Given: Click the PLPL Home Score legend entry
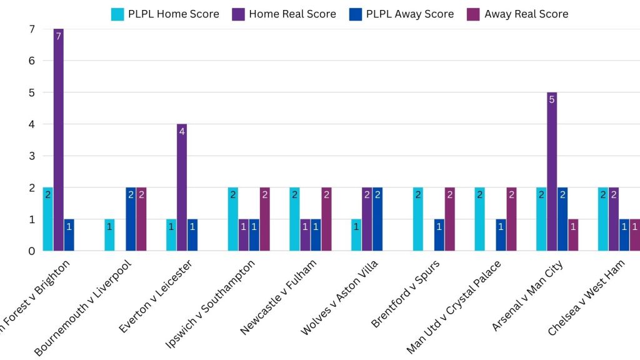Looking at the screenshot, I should point(165,14).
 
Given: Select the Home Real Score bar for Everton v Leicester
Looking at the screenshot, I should point(182,187).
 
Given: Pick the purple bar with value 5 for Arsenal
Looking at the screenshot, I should point(552,172).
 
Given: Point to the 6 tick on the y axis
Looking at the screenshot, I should point(31,61).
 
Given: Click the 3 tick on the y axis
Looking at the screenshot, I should point(31,156).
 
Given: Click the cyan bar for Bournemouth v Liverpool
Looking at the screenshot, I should point(109,235).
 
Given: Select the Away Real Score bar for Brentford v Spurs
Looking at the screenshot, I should point(449,219).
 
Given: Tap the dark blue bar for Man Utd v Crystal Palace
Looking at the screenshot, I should point(501,235).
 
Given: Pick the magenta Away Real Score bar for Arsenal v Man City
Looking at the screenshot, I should point(573,235).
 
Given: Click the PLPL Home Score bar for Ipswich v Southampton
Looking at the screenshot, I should point(233,219).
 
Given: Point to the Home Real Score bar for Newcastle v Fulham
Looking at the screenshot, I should point(305,235).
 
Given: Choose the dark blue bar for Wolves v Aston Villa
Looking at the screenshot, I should point(377,219).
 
